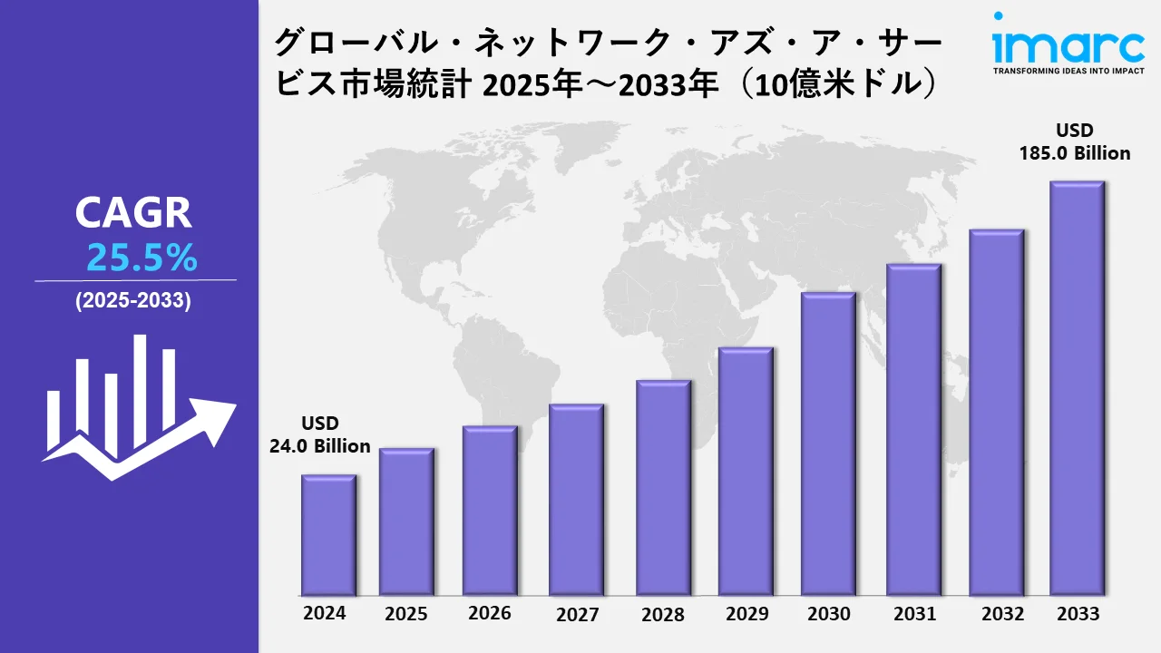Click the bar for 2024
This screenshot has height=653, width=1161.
coord(328,535)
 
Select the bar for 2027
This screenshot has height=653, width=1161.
coord(576,500)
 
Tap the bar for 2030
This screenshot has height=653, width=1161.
coord(828,444)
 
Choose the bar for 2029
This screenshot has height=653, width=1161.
coord(746,472)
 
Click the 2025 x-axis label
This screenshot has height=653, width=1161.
coord(405,615)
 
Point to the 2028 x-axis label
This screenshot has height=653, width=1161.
coord(663,615)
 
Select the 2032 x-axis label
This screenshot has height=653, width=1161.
coord(1002,614)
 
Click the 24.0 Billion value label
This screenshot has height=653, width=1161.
coord(320,445)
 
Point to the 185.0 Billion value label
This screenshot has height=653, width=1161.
coord(1076,153)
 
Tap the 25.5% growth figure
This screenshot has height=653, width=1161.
coord(142,259)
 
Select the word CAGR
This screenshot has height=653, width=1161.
coord(133,213)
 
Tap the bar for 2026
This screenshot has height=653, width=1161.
coord(490,511)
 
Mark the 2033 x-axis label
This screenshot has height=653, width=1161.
coord(1078,614)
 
